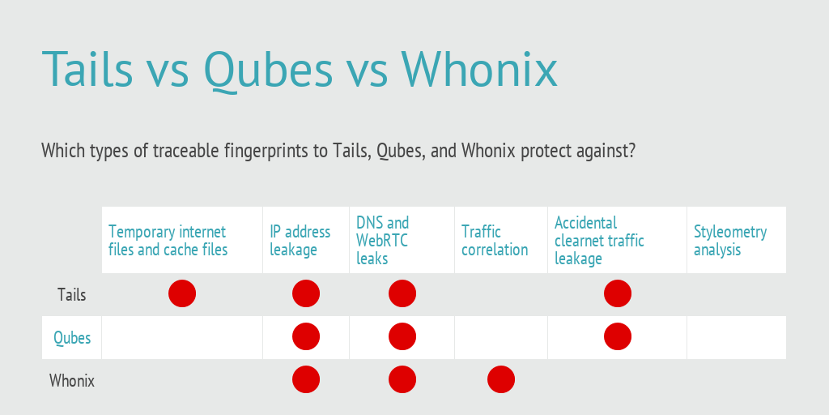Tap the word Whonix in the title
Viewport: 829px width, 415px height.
[479, 69]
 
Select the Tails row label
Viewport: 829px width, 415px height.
[72, 294]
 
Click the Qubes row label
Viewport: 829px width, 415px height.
[72, 338]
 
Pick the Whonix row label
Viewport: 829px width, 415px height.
[72, 381]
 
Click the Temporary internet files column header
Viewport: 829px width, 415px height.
[168, 240]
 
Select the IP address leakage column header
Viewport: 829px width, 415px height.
[300, 240]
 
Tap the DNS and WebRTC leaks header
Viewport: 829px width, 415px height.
[382, 240]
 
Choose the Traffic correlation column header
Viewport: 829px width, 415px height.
[495, 240]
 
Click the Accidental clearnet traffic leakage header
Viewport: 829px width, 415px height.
[599, 240]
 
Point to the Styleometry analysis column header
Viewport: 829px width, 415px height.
[730, 240]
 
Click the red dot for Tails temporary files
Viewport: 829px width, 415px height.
[182, 293]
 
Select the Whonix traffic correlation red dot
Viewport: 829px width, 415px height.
[501, 379]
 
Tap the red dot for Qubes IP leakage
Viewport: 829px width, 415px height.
[306, 336]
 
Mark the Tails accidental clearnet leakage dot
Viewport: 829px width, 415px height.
[618, 293]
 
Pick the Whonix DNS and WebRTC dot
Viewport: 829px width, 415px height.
[402, 379]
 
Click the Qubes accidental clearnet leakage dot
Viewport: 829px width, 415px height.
[618, 336]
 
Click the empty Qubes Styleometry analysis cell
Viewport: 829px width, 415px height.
[737, 338]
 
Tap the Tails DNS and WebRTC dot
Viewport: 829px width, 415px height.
[402, 293]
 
